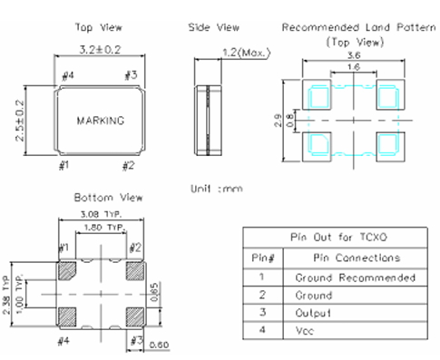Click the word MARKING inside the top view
click(101, 121)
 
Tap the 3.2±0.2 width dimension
click(100, 50)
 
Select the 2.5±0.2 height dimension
click(20, 121)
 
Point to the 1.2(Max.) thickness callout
click(246, 53)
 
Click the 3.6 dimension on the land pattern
click(354, 55)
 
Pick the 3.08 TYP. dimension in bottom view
click(101, 214)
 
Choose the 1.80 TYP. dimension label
click(105, 228)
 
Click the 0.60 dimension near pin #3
click(159, 345)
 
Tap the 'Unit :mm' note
click(217, 189)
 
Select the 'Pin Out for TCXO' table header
click(338, 237)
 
